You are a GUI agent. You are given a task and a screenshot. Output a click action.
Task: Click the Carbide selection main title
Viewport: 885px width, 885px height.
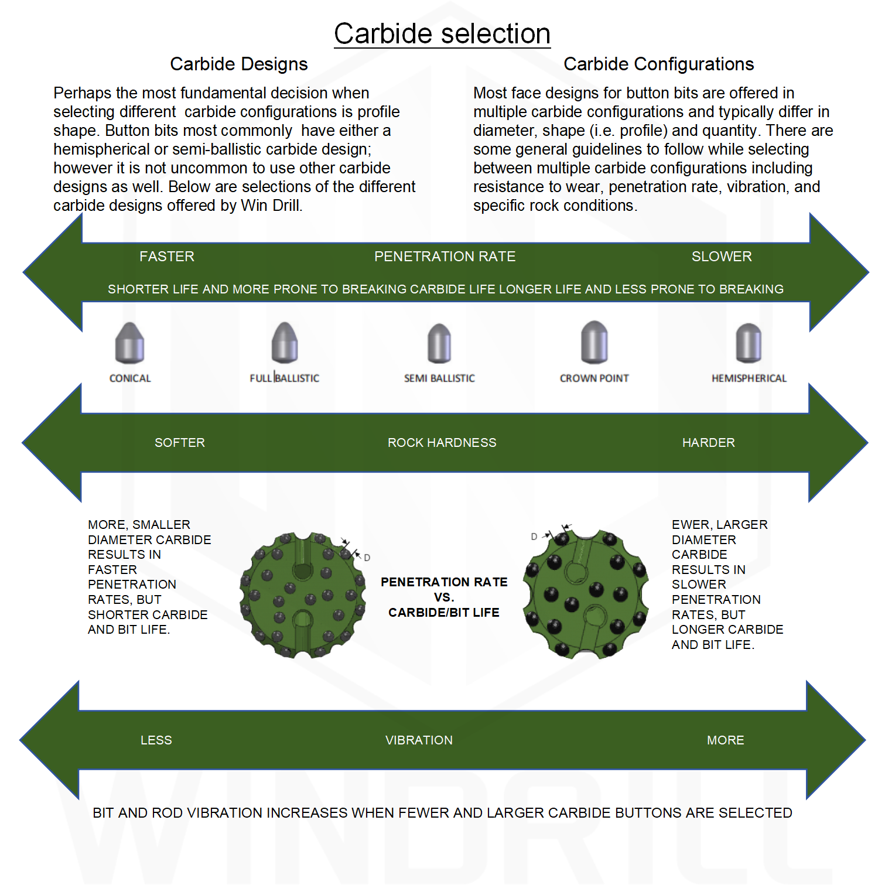pyautogui.click(x=442, y=34)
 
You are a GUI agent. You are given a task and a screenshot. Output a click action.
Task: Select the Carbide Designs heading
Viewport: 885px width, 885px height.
pyautogui.click(x=239, y=64)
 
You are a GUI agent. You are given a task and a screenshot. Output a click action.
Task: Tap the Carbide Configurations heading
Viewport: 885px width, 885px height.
pyautogui.click(x=659, y=64)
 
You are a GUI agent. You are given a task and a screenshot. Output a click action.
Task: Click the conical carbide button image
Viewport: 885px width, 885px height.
pyautogui.click(x=129, y=343)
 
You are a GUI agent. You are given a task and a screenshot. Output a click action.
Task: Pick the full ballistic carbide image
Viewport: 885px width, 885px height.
pyautogui.click(x=285, y=343)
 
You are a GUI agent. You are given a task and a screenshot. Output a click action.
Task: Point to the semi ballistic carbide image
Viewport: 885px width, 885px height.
pyautogui.click(x=439, y=343)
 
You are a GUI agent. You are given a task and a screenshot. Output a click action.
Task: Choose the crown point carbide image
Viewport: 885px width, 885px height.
pyautogui.click(x=594, y=342)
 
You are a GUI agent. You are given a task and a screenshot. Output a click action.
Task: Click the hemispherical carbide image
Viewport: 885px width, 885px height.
pyautogui.click(x=749, y=343)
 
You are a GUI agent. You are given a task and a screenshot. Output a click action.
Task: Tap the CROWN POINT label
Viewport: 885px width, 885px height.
pyautogui.click(x=594, y=378)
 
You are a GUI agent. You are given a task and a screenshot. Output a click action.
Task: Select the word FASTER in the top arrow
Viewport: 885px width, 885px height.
pyautogui.click(x=167, y=257)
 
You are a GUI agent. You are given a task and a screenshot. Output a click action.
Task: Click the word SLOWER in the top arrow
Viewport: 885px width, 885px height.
pyautogui.click(x=722, y=257)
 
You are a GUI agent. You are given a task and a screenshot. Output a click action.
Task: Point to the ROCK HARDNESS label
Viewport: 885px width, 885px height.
pyautogui.click(x=442, y=443)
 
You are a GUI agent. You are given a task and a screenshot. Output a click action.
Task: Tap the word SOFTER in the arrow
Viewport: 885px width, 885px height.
pyautogui.click(x=180, y=443)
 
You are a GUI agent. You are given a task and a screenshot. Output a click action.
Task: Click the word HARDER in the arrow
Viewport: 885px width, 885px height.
pyautogui.click(x=709, y=443)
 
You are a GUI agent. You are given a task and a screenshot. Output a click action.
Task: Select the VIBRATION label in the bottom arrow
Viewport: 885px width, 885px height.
pyautogui.click(x=419, y=740)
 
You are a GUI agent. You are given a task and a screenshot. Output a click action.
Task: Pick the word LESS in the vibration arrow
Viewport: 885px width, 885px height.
pyautogui.click(x=156, y=740)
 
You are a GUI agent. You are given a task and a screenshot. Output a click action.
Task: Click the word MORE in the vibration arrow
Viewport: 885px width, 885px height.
pyautogui.click(x=726, y=740)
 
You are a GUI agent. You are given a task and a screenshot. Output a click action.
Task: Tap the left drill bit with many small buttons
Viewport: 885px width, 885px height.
pyautogui.click(x=302, y=595)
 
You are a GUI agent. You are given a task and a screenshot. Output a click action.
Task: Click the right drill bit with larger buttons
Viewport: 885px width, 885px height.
pyautogui.click(x=586, y=594)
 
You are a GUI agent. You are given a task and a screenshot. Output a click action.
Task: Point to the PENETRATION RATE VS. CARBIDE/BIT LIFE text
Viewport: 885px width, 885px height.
pyautogui.click(x=444, y=597)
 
